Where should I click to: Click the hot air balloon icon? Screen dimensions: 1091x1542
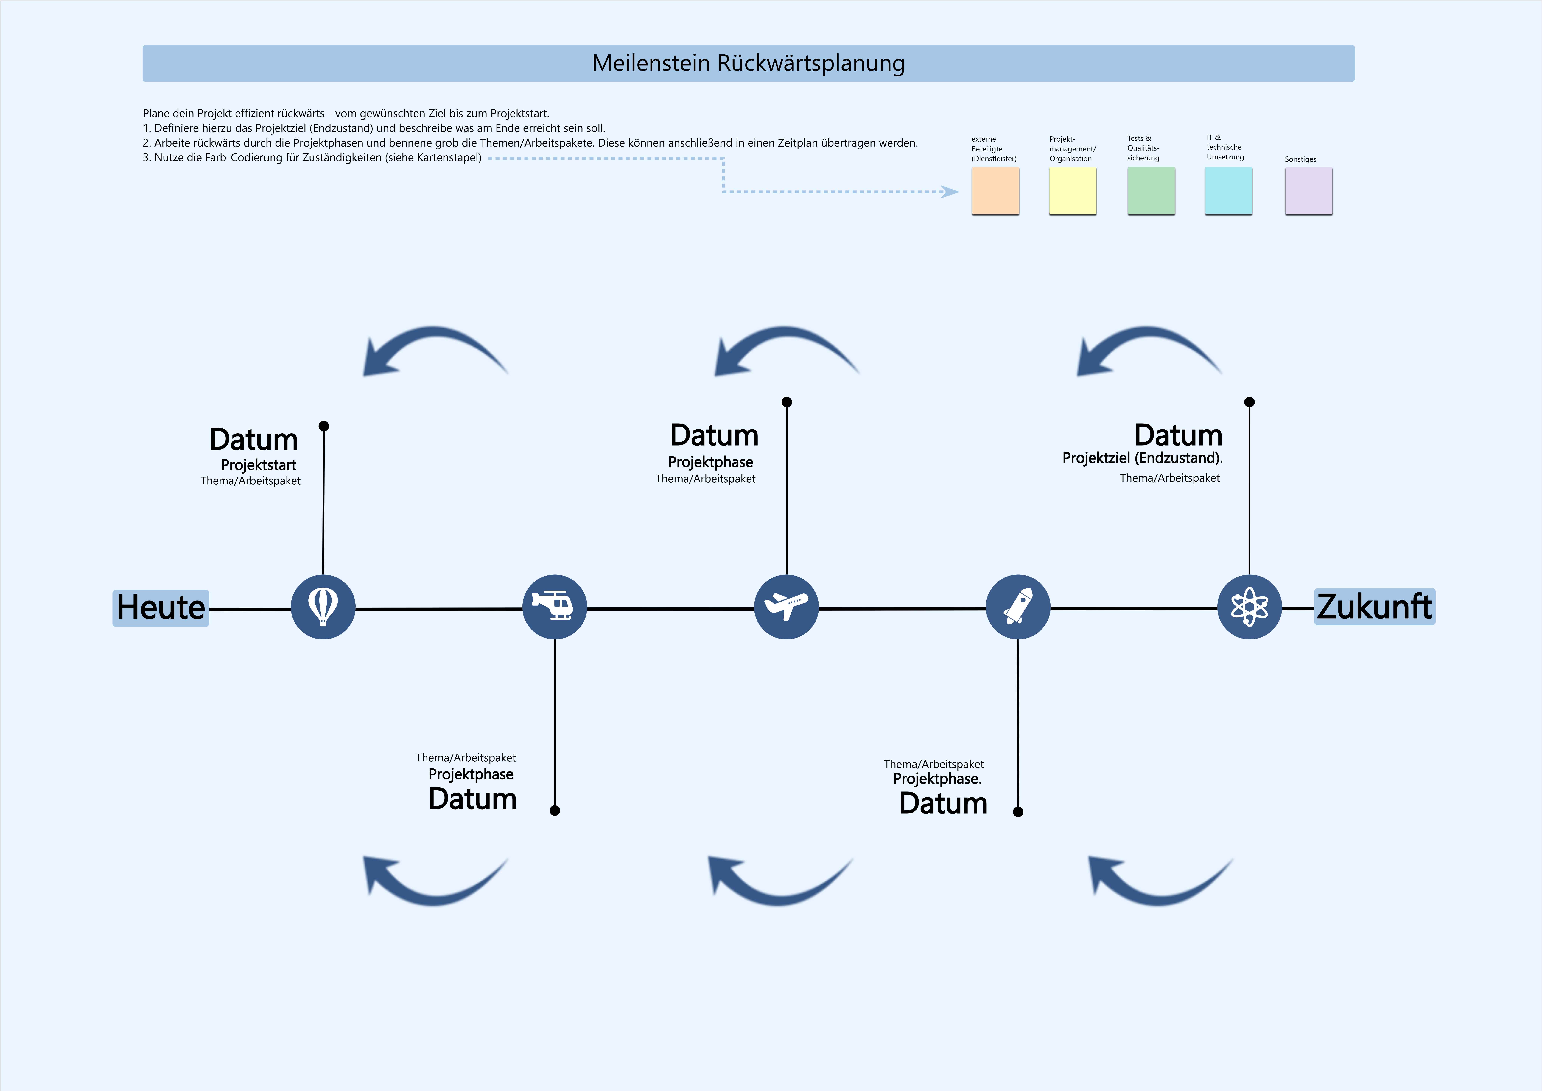[323, 607]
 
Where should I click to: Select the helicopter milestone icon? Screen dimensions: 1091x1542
[554, 607]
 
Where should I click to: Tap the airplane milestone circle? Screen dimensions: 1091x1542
[786, 607]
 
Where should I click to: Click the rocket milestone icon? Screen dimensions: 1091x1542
[1017, 607]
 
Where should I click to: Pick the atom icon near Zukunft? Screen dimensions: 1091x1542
[1249, 607]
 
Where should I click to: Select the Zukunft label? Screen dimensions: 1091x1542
[1374, 607]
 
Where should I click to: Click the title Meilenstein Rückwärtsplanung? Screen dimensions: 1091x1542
[748, 63]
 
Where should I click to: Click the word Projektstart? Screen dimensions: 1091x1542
[259, 465]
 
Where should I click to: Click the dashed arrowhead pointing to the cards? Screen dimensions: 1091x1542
[950, 192]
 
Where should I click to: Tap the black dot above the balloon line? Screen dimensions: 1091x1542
[324, 426]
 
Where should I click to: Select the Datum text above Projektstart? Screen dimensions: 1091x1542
[254, 439]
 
